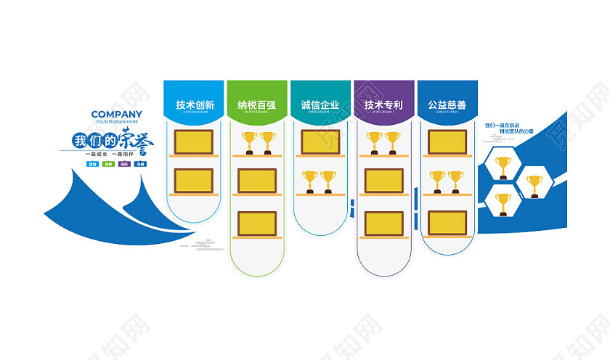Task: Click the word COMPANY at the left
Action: coord(116,114)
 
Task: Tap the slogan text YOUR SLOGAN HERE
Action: coord(116,122)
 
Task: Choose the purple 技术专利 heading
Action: coord(384,105)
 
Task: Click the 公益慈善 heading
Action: coord(447,105)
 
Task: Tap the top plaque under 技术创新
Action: coord(194,141)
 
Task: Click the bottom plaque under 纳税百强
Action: coord(257,223)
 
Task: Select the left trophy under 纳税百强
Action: coord(248,141)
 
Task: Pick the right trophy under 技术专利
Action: coord(393,141)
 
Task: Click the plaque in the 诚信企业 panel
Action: coord(320,141)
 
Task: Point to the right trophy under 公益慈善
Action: coord(455,180)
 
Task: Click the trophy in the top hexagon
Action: coord(502,165)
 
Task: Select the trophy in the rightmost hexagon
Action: coord(534,183)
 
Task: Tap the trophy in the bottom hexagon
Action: coord(502,201)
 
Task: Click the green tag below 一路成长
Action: coord(107,164)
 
